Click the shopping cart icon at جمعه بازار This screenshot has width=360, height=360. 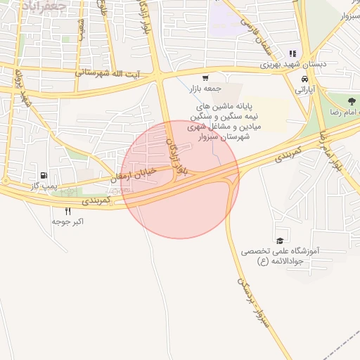pos(205,79)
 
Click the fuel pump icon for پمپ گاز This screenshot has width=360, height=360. pos(44,175)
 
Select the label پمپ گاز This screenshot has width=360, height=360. pos(44,185)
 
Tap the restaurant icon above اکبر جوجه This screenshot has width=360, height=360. pos(68,211)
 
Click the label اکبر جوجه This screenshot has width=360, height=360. pos(68,221)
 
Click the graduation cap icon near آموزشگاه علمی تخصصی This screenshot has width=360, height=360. pos(281,240)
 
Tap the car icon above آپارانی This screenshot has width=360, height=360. pos(304,79)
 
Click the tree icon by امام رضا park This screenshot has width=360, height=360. pos(352,102)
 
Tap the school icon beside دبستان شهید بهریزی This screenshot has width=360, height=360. pos(292,53)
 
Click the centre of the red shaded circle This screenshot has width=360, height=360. pos(180,179)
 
